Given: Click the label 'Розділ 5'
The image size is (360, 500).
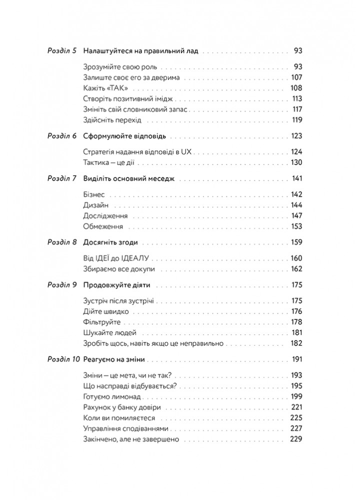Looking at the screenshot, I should point(61,50).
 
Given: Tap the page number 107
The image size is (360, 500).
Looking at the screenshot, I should point(296,77).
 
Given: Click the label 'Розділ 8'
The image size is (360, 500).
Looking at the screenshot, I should point(61,242).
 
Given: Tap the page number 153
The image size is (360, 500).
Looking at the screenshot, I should point(296,226).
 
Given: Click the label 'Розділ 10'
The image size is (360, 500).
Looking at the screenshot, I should point(62,359).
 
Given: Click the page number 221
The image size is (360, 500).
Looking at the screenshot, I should point(296,407).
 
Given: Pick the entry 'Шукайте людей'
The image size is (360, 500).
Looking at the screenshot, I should point(108,332).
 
